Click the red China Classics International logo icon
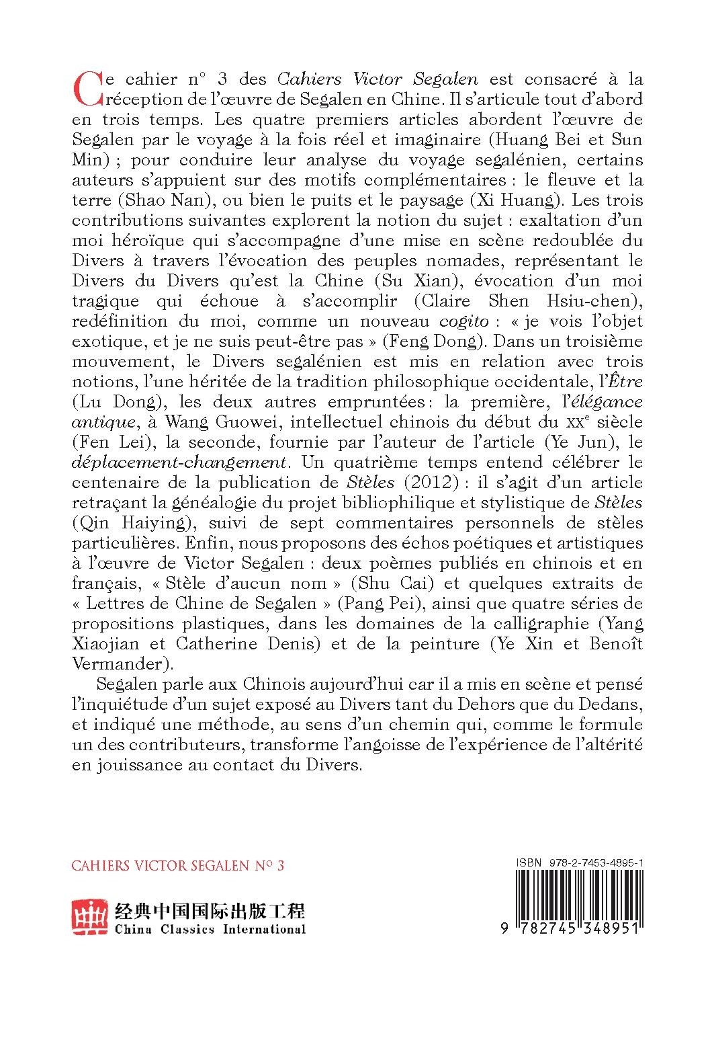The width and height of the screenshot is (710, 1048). [90, 918]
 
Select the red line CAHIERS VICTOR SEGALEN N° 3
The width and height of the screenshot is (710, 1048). [177, 864]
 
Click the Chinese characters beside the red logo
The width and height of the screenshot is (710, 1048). [210, 911]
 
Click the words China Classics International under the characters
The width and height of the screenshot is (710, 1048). [210, 930]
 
